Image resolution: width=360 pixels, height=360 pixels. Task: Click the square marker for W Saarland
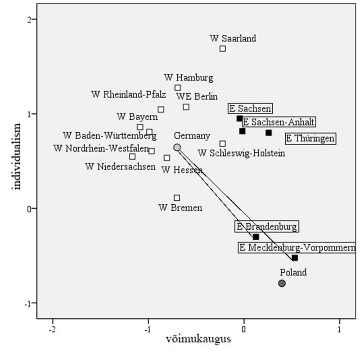click(x=222, y=49)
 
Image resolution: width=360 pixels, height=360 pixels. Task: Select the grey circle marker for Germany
click(x=177, y=148)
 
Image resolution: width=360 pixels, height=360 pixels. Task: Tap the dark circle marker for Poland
click(x=282, y=283)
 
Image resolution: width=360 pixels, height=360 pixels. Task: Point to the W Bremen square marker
click(x=177, y=198)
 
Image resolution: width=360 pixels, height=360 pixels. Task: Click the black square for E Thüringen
click(x=269, y=133)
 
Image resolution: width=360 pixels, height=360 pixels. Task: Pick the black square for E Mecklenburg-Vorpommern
click(x=295, y=258)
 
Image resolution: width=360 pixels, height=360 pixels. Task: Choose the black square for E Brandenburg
click(x=256, y=237)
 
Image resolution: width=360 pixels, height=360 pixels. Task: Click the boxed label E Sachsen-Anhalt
click(x=278, y=122)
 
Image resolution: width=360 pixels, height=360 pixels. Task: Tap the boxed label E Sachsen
click(x=250, y=108)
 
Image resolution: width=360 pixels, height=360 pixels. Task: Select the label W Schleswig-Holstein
click(x=241, y=153)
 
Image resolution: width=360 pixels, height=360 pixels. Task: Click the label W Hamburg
click(x=189, y=77)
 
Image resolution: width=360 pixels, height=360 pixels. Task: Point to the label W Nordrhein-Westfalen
click(x=101, y=148)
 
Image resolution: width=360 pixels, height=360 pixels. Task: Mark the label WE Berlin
click(x=197, y=96)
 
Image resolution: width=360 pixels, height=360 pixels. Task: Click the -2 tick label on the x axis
click(x=53, y=328)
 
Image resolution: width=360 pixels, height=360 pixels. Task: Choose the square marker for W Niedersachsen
click(x=132, y=157)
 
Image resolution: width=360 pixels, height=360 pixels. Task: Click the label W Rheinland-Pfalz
click(x=129, y=94)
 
